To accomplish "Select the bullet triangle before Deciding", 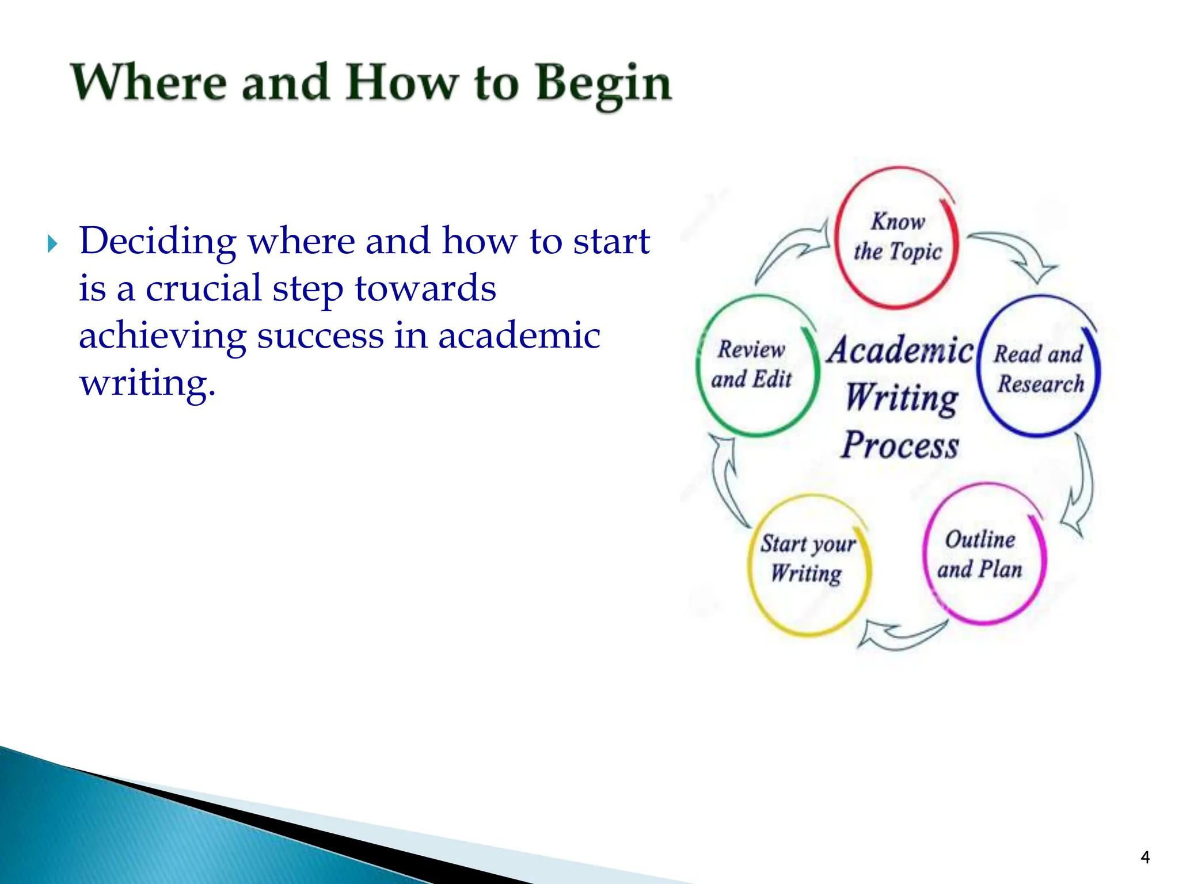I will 52,244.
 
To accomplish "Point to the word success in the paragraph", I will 320,336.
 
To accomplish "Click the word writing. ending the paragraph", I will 147,383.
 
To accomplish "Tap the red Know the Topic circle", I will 897,237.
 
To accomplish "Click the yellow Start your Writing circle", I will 808,565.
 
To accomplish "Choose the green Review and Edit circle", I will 756,365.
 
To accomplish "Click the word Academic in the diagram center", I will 900,350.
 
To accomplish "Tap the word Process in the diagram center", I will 899,445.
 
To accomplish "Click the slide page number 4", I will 1144,858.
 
